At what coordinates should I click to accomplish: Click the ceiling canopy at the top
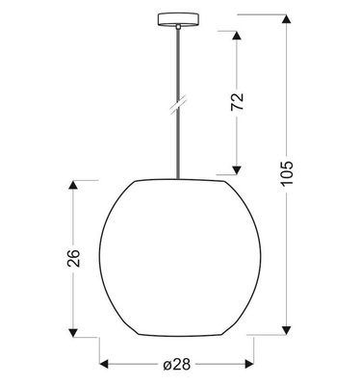click(179, 18)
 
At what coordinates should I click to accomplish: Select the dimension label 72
click(238, 102)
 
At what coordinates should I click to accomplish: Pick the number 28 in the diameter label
click(181, 365)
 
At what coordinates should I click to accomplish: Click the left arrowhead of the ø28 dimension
click(105, 365)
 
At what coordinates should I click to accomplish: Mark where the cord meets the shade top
click(179, 179)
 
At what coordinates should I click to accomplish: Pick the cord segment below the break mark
click(179, 144)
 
